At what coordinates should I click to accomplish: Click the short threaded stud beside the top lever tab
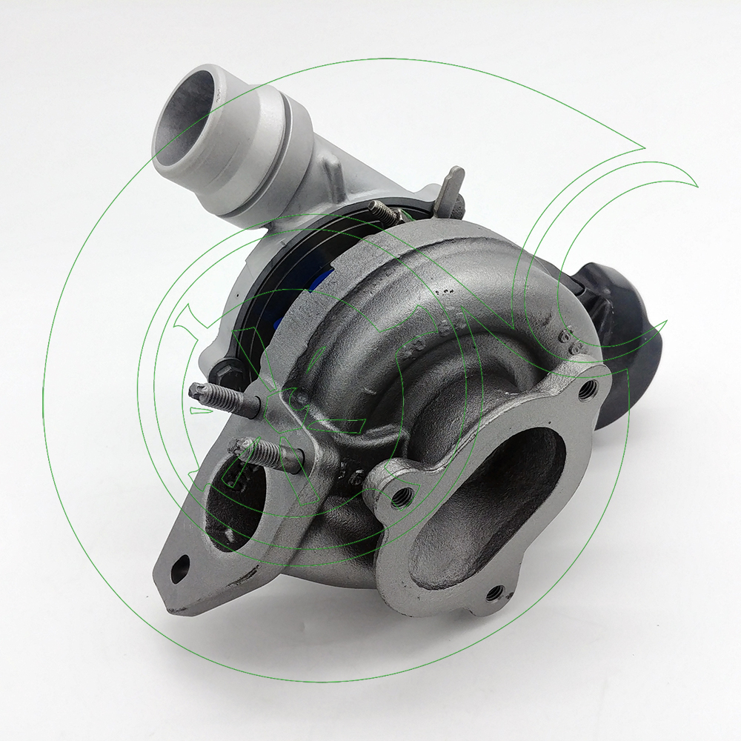pyautogui.click(x=386, y=211)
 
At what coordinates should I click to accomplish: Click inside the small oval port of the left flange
pyautogui.click(x=233, y=511)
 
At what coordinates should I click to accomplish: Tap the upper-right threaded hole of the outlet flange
pyautogui.click(x=587, y=390)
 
